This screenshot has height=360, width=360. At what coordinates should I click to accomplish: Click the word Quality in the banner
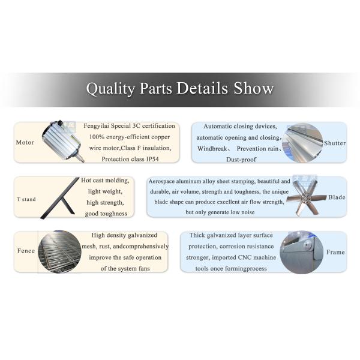(x=110, y=89)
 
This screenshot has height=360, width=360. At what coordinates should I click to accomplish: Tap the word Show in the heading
(x=254, y=88)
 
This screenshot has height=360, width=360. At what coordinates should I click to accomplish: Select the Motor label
(x=25, y=142)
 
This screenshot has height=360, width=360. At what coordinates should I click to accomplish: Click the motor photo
(x=63, y=141)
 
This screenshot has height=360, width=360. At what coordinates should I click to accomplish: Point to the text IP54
(x=152, y=159)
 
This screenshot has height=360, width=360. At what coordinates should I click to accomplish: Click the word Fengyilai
(x=97, y=126)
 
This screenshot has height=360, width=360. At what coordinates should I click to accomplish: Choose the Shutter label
(x=335, y=143)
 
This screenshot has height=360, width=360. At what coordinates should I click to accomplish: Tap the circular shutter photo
(x=302, y=143)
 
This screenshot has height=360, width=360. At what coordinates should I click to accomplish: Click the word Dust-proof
(x=241, y=160)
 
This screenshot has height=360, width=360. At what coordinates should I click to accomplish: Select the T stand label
(x=26, y=199)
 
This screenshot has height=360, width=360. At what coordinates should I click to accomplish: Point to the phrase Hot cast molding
(x=105, y=181)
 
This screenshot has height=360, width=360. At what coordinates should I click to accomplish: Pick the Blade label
(x=337, y=197)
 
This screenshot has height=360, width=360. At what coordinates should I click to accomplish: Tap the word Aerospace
(x=161, y=181)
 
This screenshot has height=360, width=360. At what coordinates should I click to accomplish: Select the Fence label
(x=26, y=251)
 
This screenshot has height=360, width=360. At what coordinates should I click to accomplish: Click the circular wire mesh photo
(x=59, y=252)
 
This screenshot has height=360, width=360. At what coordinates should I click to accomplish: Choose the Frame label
(x=335, y=252)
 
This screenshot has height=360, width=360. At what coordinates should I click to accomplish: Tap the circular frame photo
(x=302, y=253)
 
